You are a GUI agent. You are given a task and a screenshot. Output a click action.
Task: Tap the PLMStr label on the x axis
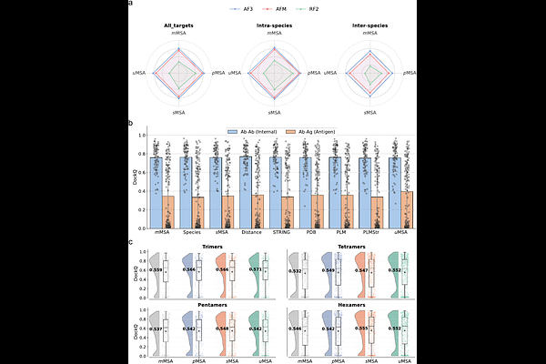click(371, 232)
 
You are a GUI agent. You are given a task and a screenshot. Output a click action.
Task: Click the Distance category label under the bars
click(250, 232)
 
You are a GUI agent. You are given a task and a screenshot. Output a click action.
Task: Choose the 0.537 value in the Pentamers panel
click(157, 329)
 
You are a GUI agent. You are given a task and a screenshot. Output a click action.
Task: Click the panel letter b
click(131, 123)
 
